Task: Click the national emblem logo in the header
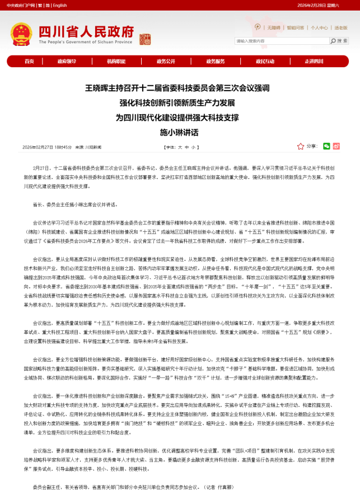[x=21, y=34]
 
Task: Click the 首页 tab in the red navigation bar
[x=29, y=61]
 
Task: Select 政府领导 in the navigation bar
[x=67, y=61]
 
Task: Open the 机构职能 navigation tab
[x=116, y=61]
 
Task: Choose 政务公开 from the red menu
[x=166, y=61]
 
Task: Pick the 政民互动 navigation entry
[x=265, y=61]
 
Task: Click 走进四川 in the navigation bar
[x=314, y=61]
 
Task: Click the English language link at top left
[x=60, y=5]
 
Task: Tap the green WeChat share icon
[x=326, y=146]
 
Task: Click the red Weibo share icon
[x=336, y=146]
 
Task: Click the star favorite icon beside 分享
[x=301, y=146]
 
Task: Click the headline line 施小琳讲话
[x=179, y=133]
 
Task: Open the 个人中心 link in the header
[x=319, y=27]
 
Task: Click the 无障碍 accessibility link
[x=274, y=27]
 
